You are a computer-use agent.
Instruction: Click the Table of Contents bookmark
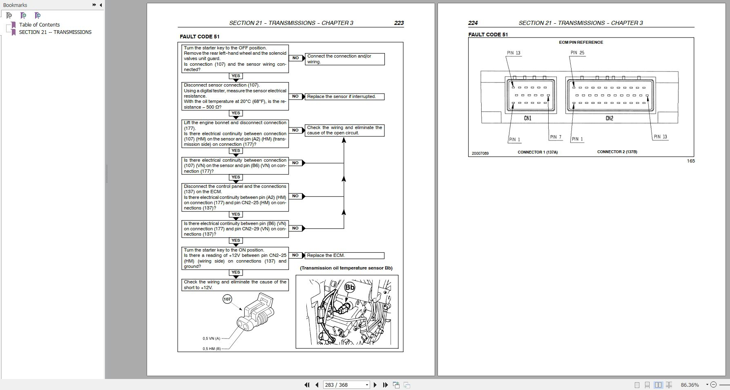[x=39, y=25]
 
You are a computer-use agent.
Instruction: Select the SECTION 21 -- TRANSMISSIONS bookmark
[x=55, y=32]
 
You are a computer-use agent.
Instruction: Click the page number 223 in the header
[x=399, y=23]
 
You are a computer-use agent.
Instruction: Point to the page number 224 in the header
[x=473, y=23]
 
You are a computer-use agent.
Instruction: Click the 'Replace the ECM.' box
[x=344, y=256]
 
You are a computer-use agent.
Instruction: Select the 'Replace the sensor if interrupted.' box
[x=344, y=97]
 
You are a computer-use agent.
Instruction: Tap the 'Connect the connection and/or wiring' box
[x=344, y=59]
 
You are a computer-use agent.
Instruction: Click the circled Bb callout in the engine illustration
[x=350, y=287]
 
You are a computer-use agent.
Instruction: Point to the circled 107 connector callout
[x=227, y=299]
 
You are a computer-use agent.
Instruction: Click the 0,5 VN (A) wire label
[x=211, y=339]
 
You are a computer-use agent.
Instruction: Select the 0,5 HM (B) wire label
[x=212, y=349]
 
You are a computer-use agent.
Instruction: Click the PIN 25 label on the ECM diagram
[x=577, y=53]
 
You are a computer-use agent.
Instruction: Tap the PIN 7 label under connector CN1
[x=556, y=137]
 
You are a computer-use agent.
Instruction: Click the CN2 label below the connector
[x=609, y=118]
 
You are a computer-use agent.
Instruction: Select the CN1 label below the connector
[x=527, y=118]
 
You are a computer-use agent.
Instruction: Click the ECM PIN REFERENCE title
[x=581, y=42]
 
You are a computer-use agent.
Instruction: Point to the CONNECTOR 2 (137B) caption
[x=617, y=152]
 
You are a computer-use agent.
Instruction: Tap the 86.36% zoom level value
[x=690, y=385]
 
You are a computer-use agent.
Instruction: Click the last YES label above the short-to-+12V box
[x=236, y=272]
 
